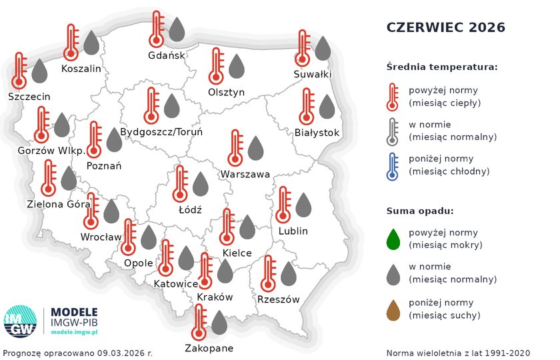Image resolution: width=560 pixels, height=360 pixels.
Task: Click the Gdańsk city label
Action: [x=167, y=55]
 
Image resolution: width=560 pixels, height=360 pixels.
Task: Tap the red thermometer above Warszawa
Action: [x=235, y=148]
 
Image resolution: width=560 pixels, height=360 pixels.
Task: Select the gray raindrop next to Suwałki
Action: [x=323, y=48]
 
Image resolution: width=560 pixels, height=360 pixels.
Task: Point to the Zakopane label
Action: [x=209, y=348]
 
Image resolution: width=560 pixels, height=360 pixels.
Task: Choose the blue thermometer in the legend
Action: [x=393, y=166]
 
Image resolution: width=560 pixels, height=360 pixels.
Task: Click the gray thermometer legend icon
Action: [x=393, y=131]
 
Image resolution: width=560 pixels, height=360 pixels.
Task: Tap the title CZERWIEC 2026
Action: [x=446, y=27]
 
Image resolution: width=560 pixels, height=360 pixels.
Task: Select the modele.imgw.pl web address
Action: [x=74, y=331]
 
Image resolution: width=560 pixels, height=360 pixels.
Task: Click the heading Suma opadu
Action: [x=420, y=211]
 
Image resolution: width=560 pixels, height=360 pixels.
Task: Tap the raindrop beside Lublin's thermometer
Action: [x=303, y=205]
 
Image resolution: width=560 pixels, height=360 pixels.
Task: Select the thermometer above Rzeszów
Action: [x=269, y=274]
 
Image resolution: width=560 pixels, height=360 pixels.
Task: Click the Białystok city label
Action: [x=317, y=133]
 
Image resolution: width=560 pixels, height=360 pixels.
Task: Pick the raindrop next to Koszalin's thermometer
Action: [x=91, y=43]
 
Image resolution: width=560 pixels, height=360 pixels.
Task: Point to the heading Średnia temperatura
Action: [x=442, y=67]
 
